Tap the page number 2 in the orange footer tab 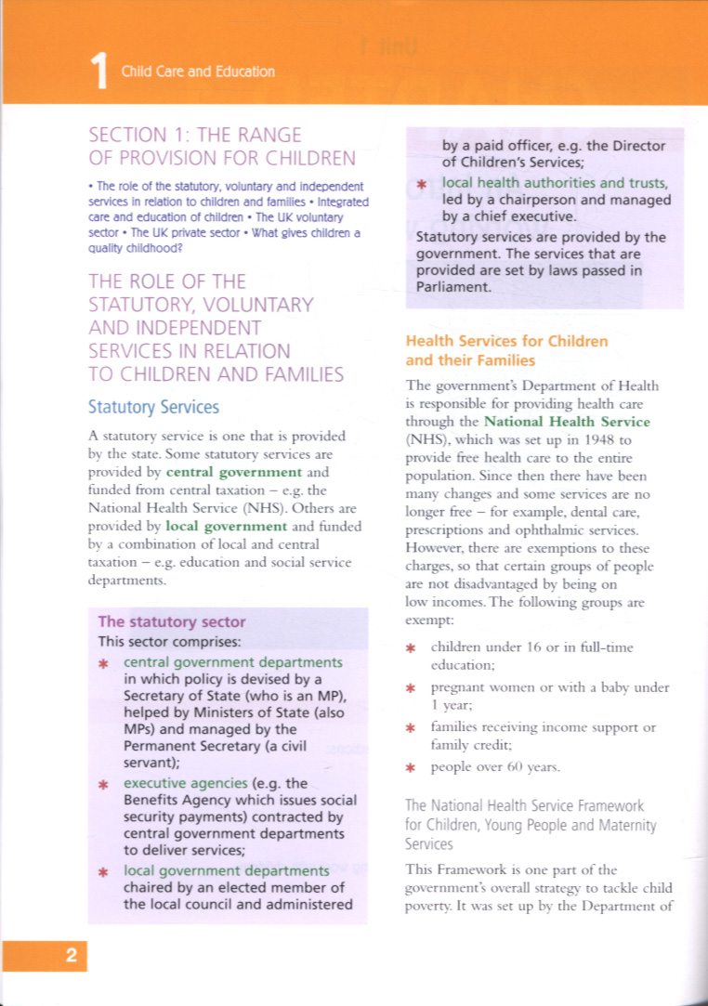click(71, 955)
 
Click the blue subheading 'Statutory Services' click(153, 407)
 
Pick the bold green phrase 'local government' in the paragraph click(226, 526)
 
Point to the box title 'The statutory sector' click(172, 621)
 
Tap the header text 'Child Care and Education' click(198, 72)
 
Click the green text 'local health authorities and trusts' click(556, 183)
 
